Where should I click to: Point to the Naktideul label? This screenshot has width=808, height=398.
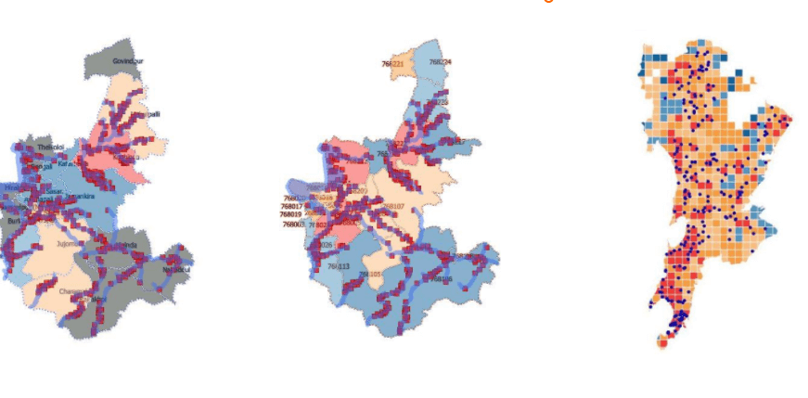(x=175, y=270)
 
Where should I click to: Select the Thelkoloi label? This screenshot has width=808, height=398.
(x=51, y=148)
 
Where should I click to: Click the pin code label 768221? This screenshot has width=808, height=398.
(x=391, y=64)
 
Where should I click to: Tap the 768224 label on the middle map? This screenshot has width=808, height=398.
(x=441, y=62)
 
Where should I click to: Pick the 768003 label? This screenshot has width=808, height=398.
(x=293, y=225)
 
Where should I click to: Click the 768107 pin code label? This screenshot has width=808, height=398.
(x=392, y=206)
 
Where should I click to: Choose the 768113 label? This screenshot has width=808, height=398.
(x=338, y=267)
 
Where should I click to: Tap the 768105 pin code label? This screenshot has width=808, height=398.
(x=370, y=275)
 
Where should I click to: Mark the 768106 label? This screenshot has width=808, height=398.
(x=440, y=278)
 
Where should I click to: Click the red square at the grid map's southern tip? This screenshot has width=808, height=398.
(x=662, y=342)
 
